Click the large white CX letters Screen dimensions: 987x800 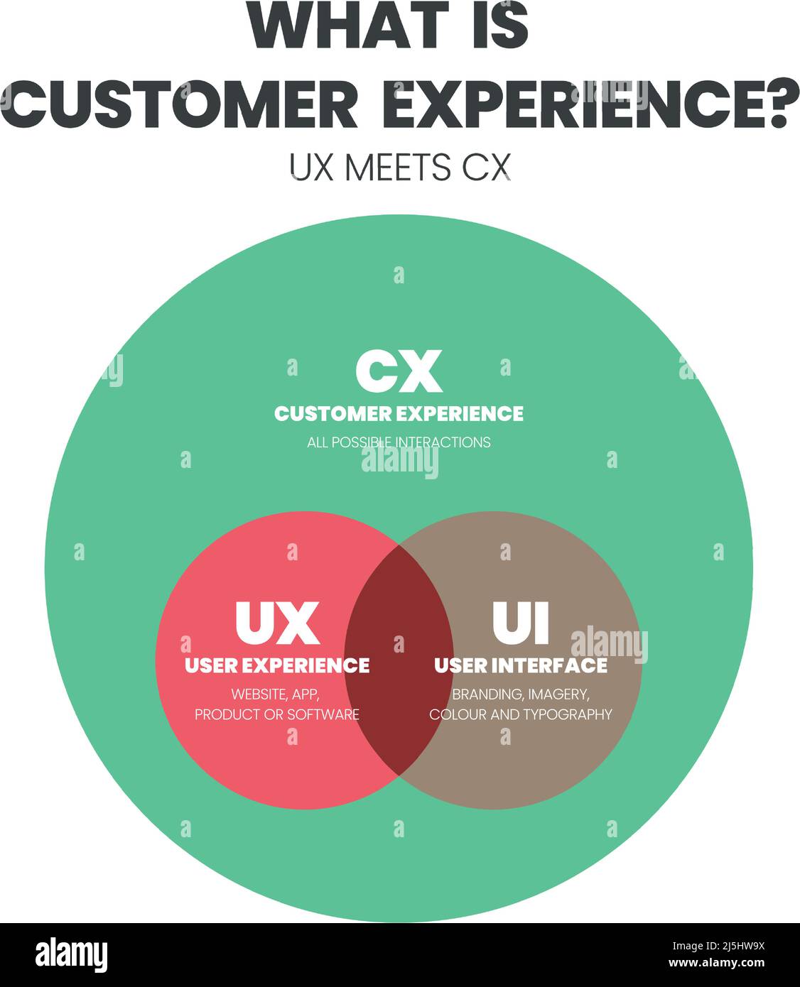[399, 371]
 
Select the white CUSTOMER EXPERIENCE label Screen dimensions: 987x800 [399, 413]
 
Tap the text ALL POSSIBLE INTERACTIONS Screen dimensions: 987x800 [399, 442]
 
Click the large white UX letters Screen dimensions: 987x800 [277, 623]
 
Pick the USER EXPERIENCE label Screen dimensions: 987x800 [277, 665]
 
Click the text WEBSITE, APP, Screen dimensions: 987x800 [277, 694]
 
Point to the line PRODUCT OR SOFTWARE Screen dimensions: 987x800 [277, 714]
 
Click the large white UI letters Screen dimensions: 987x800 [521, 623]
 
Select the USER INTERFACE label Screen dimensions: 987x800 [521, 665]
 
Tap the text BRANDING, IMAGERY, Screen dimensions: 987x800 [521, 694]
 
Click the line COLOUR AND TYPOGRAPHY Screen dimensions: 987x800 [521, 714]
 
